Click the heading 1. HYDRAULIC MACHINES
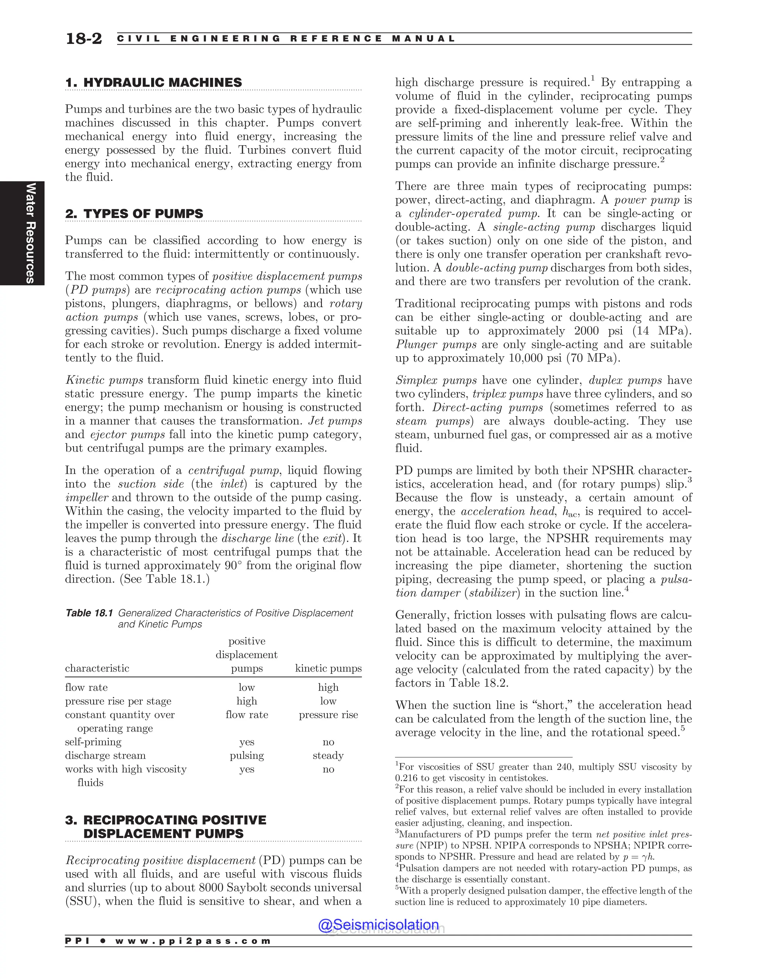click(153, 82)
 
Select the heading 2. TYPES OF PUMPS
click(134, 214)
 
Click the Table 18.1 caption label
click(89, 613)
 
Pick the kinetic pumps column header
click(328, 668)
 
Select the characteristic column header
click(97, 668)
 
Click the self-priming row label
click(93, 742)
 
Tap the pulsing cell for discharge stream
click(247, 755)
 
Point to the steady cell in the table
click(328, 755)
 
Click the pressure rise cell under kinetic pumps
click(328, 714)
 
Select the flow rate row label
click(86, 687)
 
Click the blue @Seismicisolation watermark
click(378, 925)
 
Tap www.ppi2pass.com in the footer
click(193, 941)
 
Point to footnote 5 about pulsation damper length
click(543, 896)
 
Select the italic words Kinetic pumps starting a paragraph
click(104, 380)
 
